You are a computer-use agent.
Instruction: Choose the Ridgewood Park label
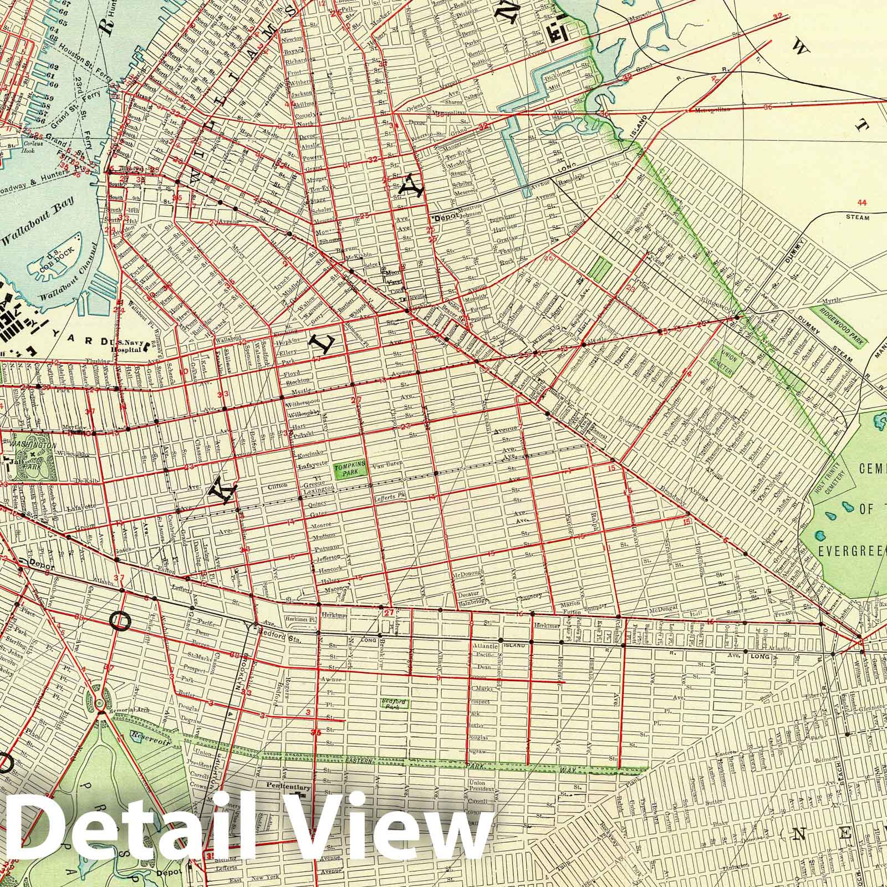[x=837, y=327]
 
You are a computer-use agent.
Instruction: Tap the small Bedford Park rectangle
[x=394, y=704]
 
